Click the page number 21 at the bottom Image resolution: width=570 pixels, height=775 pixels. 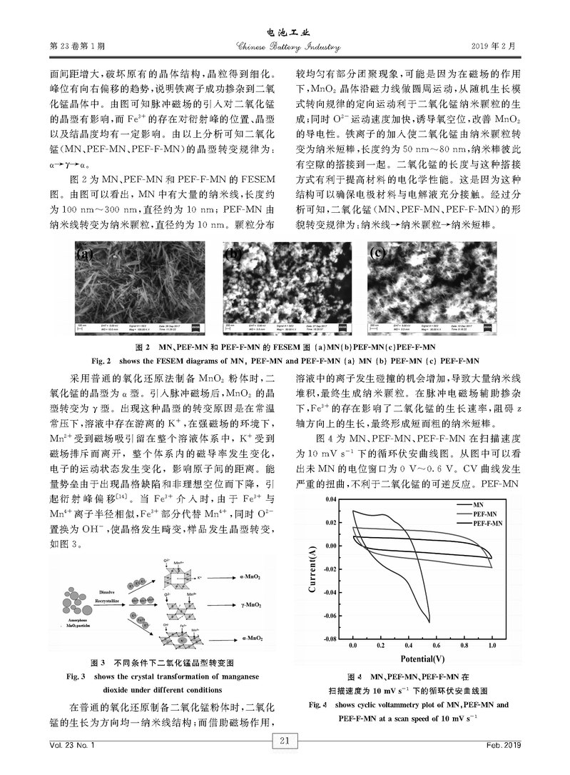[284, 741]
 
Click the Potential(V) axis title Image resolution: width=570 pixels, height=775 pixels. [422, 659]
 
